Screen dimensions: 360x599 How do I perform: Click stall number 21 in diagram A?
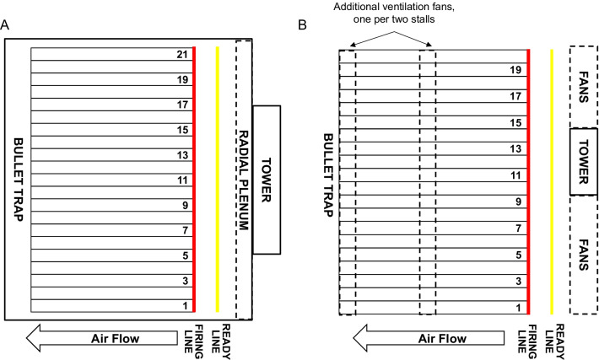[x=180, y=54]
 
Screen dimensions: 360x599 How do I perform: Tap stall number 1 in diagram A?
[x=180, y=304]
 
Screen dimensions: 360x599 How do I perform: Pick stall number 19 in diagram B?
[x=515, y=71]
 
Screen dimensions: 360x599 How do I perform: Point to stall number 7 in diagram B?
[x=515, y=228]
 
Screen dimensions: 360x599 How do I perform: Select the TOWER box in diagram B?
[x=583, y=162]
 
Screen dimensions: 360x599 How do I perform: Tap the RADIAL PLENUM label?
[x=244, y=180]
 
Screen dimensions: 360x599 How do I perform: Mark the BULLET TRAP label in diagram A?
[x=18, y=180]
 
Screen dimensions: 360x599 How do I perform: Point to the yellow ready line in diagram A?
[x=217, y=180]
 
